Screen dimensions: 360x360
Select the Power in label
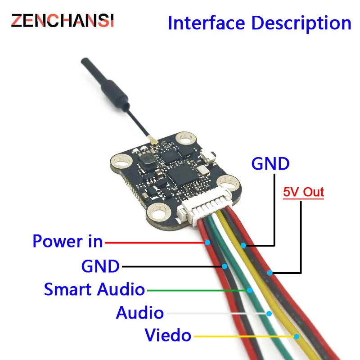67,242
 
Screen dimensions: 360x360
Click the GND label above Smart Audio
100,266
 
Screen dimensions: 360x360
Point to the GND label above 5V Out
270,163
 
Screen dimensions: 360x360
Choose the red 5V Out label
303,192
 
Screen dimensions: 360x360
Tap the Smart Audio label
94,289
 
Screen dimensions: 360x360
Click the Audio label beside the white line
139,312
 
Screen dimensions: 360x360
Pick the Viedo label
168,335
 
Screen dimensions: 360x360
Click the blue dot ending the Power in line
207,243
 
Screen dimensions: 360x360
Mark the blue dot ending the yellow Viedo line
297,336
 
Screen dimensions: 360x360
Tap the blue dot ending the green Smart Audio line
248,290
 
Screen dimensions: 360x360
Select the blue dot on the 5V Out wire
270,273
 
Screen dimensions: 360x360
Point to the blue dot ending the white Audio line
269,313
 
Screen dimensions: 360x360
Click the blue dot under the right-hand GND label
243,246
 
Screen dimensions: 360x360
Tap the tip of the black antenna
84,61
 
